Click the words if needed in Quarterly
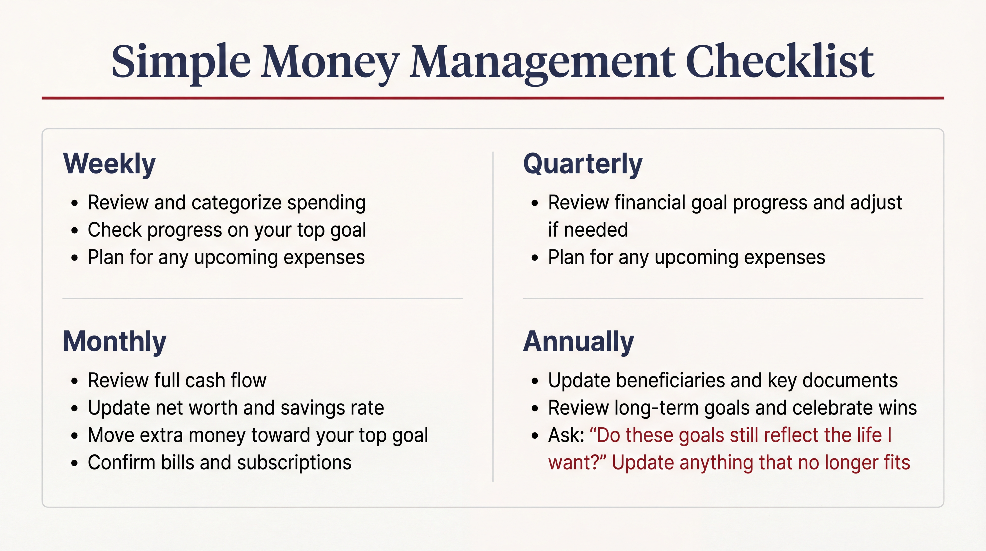(x=588, y=230)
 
